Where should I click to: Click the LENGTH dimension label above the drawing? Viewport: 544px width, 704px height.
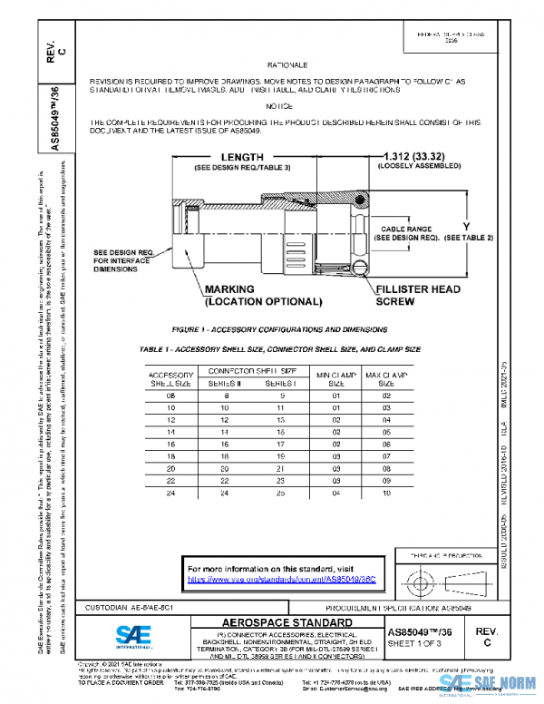217,156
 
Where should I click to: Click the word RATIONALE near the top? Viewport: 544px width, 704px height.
288,66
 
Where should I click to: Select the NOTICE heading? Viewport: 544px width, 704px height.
279,105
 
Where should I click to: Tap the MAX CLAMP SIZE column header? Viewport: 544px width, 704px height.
385,379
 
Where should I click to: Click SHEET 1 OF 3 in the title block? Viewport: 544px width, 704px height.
414,643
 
